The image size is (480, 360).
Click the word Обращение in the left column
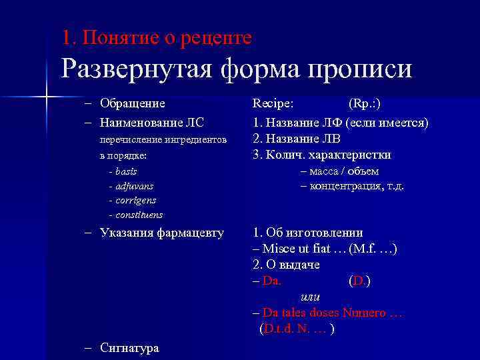coord(132,103)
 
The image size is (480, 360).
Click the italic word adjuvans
coord(134,186)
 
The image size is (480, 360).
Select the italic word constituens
coord(139,215)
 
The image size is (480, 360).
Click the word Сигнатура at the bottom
coord(129,348)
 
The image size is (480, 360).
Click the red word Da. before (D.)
coord(272,281)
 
